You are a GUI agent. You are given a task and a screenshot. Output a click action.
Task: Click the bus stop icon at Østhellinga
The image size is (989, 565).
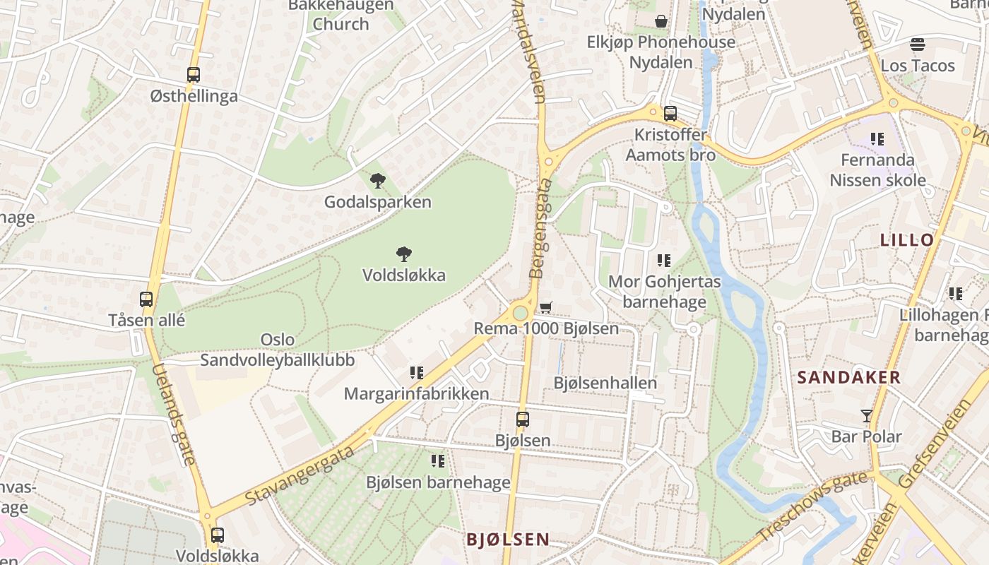[193, 74]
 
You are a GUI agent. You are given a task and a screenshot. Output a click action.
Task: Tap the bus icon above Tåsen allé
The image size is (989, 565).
[146, 299]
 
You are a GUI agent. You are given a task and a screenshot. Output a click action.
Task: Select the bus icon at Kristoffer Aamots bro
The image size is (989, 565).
[670, 113]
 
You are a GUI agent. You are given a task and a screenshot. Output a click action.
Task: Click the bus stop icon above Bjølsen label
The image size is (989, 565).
[522, 419]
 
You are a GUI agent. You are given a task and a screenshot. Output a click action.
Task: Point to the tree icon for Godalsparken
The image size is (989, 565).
[378, 181]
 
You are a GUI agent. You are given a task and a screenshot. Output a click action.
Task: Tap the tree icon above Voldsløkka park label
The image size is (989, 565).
[404, 254]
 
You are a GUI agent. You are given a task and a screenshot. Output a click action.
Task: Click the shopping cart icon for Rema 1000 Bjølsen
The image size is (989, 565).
[545, 307]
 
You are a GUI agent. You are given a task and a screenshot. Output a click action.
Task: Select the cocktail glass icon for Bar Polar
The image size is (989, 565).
[867, 415]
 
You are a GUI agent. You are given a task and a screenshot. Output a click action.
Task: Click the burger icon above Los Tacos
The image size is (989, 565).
[917, 44]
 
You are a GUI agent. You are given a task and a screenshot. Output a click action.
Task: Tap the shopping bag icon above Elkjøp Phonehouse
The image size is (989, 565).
[661, 21]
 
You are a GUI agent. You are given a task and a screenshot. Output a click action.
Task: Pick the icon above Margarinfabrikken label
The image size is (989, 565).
[416, 372]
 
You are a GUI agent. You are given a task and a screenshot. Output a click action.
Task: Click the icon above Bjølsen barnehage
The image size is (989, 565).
[438, 461]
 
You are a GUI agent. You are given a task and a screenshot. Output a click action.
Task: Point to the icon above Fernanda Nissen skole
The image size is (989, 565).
[877, 139]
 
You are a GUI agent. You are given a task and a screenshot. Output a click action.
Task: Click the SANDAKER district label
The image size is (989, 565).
[849, 377]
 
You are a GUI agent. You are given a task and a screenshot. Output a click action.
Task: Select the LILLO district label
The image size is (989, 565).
[907, 239]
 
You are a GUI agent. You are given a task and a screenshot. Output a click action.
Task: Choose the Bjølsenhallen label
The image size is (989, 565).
[605, 383]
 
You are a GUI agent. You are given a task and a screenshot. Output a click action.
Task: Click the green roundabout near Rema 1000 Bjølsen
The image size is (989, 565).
[521, 313]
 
